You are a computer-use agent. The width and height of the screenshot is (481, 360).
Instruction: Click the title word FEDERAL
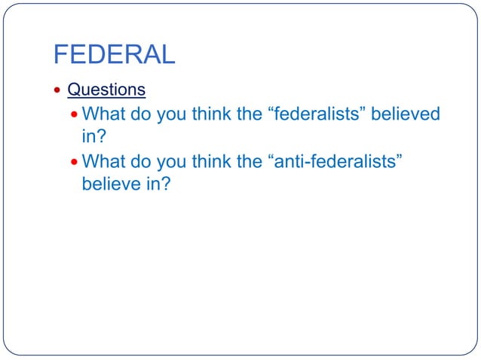114,54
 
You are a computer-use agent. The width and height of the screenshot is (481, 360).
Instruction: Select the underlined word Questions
106,90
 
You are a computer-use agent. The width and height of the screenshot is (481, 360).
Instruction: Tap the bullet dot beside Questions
59,90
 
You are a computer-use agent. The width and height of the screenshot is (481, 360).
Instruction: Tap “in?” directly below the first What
93,136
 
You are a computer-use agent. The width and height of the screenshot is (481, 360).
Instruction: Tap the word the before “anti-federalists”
250,162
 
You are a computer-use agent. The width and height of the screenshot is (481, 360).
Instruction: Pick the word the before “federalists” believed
250,115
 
